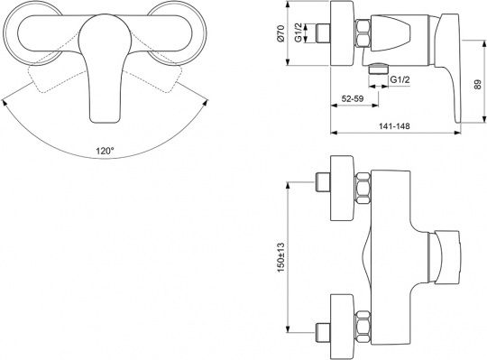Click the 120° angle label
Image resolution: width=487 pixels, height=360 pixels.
pyautogui.click(x=105, y=151)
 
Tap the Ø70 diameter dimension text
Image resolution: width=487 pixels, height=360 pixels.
pyautogui.click(x=280, y=33)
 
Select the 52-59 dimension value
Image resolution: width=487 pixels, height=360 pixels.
pyautogui.click(x=353, y=98)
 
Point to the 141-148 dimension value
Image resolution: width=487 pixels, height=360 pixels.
pyautogui.click(x=394, y=125)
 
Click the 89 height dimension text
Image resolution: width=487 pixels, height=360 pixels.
pyautogui.click(x=477, y=85)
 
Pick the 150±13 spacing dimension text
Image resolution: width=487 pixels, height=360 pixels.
pyautogui.click(x=280, y=257)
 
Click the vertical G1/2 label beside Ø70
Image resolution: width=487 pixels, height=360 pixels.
pyautogui.click(x=299, y=32)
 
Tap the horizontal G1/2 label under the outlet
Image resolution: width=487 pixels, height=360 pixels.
pyautogui.click(x=400, y=79)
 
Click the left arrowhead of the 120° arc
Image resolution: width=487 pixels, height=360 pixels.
pyautogui.click(x=4, y=102)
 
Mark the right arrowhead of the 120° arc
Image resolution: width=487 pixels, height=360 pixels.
pyautogui.click(x=206, y=102)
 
